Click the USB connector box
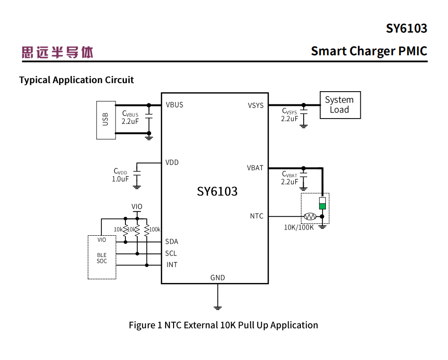(x=106, y=120)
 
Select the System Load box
(x=340, y=105)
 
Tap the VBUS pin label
(x=174, y=105)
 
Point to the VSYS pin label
(x=256, y=105)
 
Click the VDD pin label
(x=172, y=163)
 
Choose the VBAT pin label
(x=255, y=168)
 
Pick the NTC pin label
(x=257, y=216)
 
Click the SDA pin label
(x=172, y=242)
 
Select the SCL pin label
(x=171, y=254)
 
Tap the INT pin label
(x=172, y=265)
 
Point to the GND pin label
(x=217, y=278)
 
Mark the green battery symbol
(x=322, y=206)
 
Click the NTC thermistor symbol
(x=310, y=216)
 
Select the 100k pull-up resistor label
(x=155, y=230)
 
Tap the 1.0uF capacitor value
(x=120, y=179)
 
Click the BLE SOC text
(x=102, y=258)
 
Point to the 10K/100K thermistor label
(x=299, y=227)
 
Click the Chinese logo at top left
(x=58, y=52)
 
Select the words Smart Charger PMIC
(x=369, y=51)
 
